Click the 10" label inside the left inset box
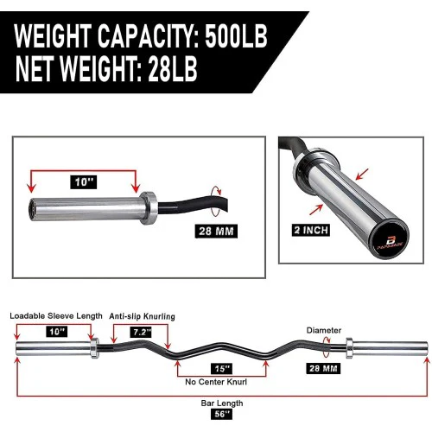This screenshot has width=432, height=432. (x=83, y=183)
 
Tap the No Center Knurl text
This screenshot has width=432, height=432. (x=212, y=381)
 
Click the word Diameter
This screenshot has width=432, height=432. (x=323, y=329)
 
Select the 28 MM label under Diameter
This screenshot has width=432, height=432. (x=324, y=367)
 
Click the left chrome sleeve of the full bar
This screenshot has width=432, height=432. (x=49, y=348)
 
